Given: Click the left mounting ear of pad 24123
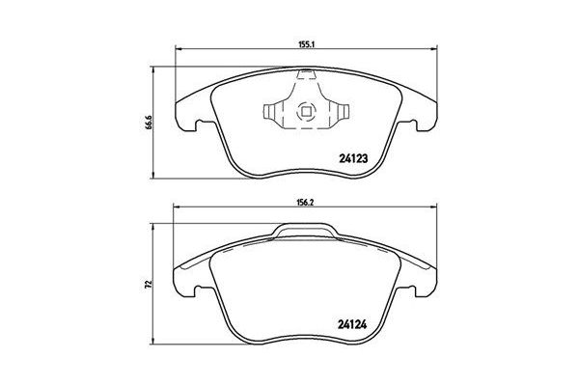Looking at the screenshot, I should [186, 120].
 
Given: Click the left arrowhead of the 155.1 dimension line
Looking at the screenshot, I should [178, 50].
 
